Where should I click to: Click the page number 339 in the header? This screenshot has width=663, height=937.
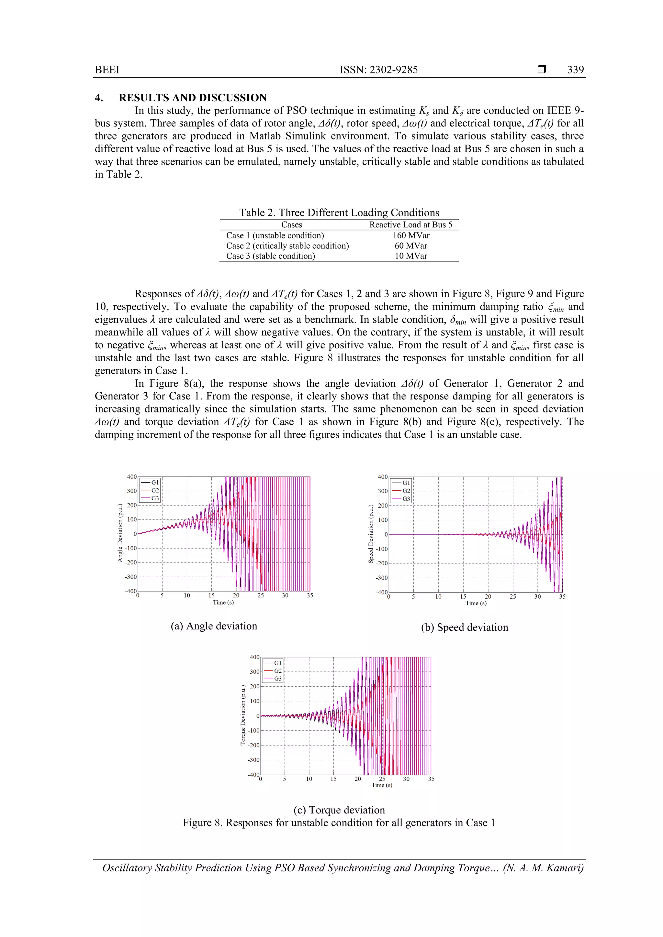tap(575, 70)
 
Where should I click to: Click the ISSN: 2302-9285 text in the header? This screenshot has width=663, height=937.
tap(379, 70)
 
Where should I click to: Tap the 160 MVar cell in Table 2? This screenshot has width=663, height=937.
tap(411, 235)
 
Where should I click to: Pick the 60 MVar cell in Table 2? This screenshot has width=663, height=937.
tap(411, 246)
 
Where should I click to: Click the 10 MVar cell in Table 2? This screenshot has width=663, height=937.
tap(411, 256)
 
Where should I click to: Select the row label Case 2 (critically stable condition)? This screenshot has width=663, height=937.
tap(287, 246)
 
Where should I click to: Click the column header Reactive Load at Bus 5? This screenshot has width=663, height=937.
tap(411, 224)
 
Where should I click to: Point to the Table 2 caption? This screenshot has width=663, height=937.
tap(339, 212)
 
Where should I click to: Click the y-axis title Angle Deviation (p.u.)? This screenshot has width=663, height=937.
tap(120, 533)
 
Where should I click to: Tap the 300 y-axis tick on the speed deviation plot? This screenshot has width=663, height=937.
tap(382, 491)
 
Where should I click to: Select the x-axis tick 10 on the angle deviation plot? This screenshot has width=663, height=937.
tap(187, 595)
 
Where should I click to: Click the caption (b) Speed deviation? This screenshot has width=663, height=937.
tap(465, 627)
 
